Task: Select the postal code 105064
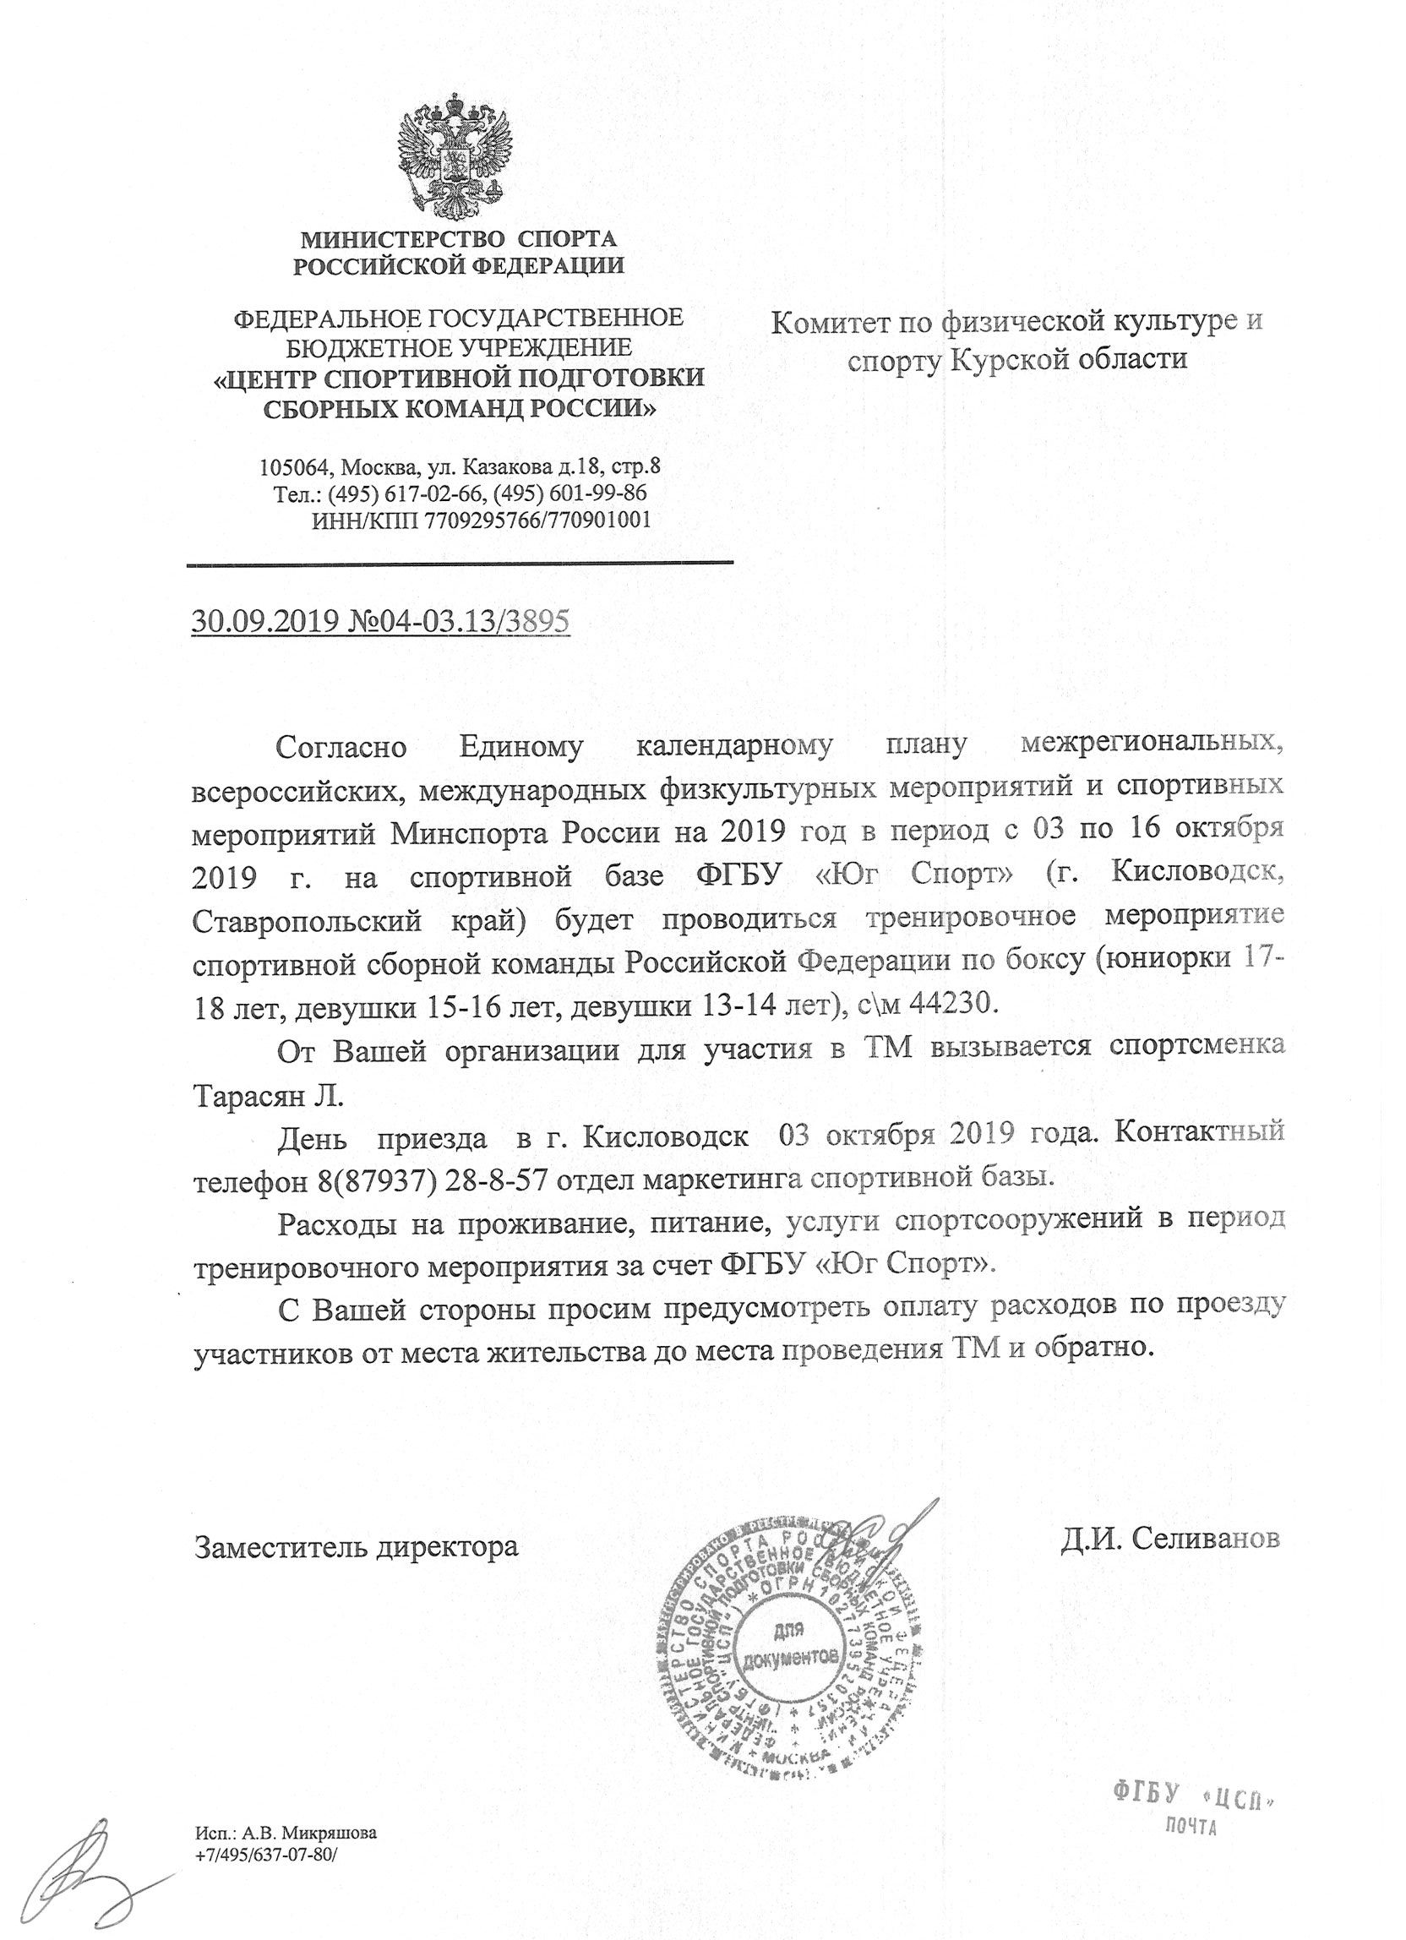tap(295, 468)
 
